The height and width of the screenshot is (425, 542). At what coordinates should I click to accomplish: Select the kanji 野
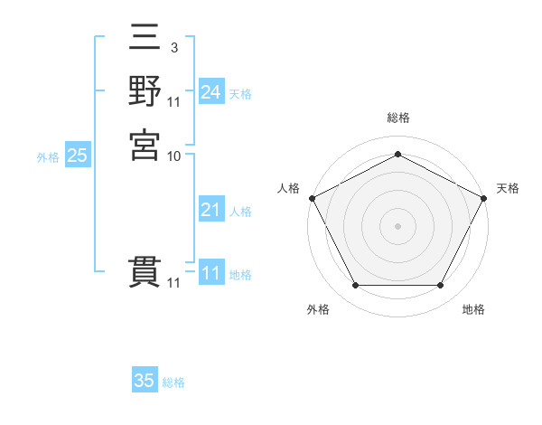pyautogui.click(x=145, y=92)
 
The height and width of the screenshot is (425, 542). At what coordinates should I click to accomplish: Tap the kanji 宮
pyautogui.click(x=145, y=144)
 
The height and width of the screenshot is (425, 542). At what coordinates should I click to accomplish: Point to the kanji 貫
pyautogui.click(x=145, y=272)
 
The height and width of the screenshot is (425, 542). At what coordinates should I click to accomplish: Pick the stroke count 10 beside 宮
pyautogui.click(x=174, y=156)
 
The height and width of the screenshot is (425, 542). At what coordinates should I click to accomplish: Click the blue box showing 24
pyautogui.click(x=210, y=92)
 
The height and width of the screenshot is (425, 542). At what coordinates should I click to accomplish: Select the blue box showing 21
pyautogui.click(x=210, y=211)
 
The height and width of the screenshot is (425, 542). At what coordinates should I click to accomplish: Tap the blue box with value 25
pyautogui.click(x=78, y=156)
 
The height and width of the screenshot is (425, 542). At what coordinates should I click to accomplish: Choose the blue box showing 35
pyautogui.click(x=145, y=381)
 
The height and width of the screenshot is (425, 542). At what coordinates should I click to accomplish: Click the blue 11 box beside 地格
pyautogui.click(x=210, y=274)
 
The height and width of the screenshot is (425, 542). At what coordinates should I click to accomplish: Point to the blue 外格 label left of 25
pyautogui.click(x=48, y=157)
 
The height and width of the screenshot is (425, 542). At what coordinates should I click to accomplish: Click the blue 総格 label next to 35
pyautogui.click(x=173, y=382)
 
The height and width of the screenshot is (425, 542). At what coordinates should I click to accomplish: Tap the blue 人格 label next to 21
pyautogui.click(x=240, y=212)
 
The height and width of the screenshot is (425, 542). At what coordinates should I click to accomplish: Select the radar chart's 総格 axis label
pyautogui.click(x=397, y=118)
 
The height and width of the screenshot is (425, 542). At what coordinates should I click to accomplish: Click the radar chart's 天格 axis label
pyautogui.click(x=508, y=188)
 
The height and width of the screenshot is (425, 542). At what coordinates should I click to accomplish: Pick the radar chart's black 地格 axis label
pyautogui.click(x=473, y=309)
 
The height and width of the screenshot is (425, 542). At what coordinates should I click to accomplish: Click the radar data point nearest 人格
pyautogui.click(x=312, y=198)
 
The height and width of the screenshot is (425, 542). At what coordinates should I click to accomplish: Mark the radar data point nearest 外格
pyautogui.click(x=355, y=286)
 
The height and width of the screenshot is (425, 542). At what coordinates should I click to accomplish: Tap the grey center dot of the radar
pyautogui.click(x=397, y=225)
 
